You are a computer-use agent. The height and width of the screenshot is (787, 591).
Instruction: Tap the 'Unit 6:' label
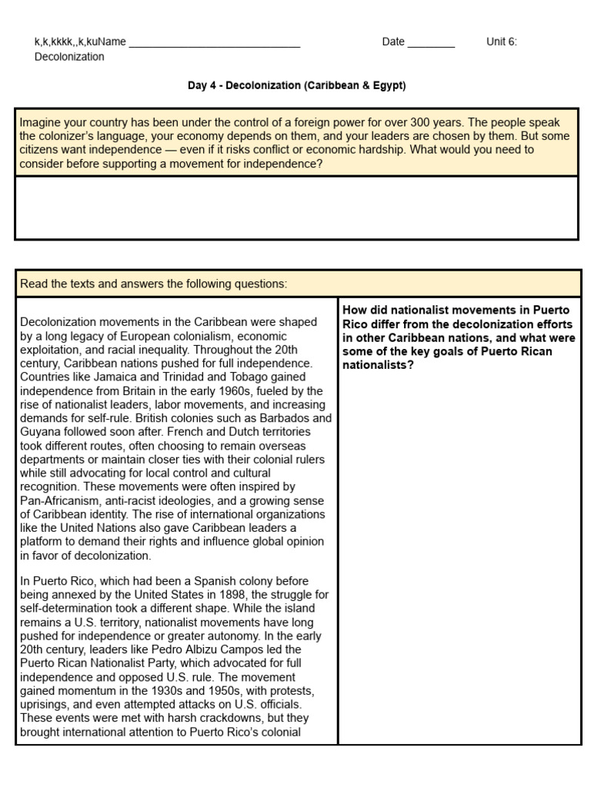[502, 42]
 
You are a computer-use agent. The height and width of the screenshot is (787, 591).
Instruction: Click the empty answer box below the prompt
[296, 208]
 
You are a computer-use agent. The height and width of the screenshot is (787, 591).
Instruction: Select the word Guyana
[39, 432]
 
